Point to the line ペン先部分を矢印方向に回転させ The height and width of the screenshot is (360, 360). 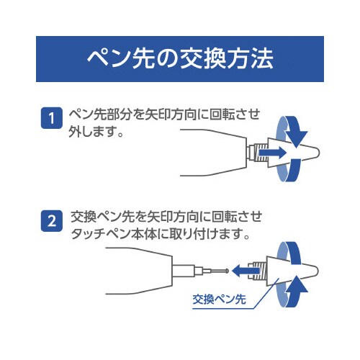163,114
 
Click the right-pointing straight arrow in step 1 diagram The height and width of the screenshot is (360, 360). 272,153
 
